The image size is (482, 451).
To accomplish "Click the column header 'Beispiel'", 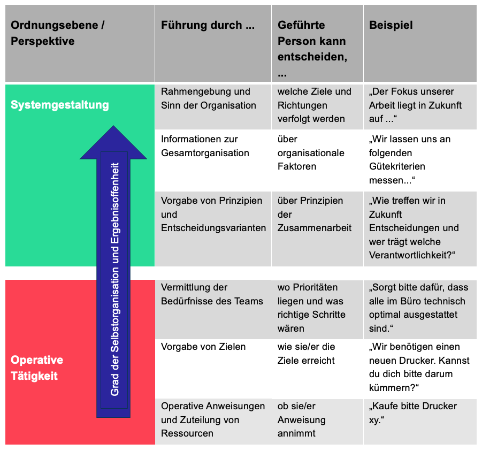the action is (x=391, y=25).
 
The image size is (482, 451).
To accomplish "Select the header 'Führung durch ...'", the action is (x=208, y=25).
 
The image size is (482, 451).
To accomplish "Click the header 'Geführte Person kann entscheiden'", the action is (x=312, y=49).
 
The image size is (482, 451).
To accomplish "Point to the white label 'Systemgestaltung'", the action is (x=60, y=105).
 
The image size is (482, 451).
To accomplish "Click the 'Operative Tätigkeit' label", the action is (x=37, y=368).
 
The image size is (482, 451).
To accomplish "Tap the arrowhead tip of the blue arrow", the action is (x=113, y=126).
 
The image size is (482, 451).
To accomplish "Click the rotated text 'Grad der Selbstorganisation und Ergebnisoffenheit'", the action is (x=114, y=279).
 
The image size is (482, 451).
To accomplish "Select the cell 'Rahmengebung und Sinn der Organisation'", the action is (x=209, y=98).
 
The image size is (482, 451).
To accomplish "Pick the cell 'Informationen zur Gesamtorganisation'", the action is (x=205, y=146).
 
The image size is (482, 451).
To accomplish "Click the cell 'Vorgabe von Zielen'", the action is (x=203, y=347).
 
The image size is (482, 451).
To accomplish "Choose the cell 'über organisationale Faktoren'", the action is (x=311, y=153).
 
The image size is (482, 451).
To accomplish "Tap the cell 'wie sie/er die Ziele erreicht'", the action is (x=306, y=354).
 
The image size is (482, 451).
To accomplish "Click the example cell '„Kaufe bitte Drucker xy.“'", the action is (x=413, y=413).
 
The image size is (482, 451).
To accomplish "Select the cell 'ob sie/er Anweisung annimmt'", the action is (x=301, y=419).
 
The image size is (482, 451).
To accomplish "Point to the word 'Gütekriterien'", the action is (x=397, y=166).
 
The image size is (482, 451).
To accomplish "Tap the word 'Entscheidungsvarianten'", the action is (x=213, y=228).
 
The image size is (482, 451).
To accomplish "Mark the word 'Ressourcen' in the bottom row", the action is (x=187, y=433).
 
